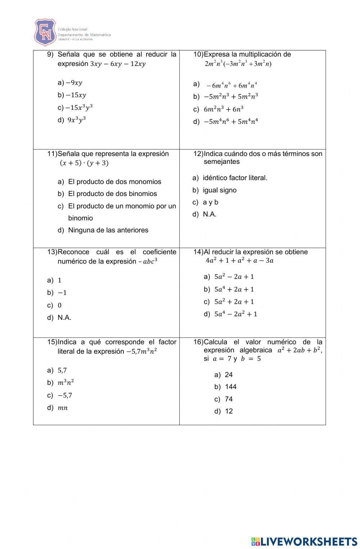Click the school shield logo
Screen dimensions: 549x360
click(45, 32)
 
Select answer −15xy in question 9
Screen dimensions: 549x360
click(76, 95)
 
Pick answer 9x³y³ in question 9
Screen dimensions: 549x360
click(77, 120)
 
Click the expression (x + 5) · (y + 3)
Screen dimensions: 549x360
click(84, 163)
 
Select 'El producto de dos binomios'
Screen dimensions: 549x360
click(112, 194)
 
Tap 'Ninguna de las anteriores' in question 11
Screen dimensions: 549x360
click(108, 230)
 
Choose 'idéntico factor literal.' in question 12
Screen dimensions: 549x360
click(235, 178)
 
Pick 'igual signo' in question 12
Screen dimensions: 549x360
click(220, 190)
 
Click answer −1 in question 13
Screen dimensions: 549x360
click(62, 293)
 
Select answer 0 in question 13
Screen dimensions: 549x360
click(60, 305)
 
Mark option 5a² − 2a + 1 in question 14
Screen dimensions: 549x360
click(234, 277)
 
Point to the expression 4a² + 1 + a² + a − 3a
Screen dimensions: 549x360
click(239, 261)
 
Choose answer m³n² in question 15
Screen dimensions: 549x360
click(66, 383)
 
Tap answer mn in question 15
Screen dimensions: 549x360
click(63, 408)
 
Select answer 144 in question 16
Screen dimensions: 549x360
click(230, 387)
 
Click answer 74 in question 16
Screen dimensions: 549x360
click(229, 399)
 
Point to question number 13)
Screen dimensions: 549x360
click(52, 252)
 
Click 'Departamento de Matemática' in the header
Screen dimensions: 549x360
click(84, 35)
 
